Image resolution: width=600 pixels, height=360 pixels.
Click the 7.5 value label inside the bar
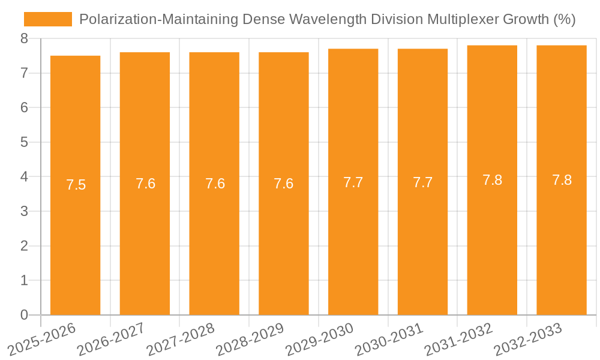point(76,185)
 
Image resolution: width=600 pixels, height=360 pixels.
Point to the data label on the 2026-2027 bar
point(145,184)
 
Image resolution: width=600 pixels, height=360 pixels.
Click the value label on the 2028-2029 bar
point(284,184)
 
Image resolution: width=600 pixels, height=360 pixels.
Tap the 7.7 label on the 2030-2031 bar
point(422,182)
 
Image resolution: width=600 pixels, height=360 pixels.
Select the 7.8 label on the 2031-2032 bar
point(492,180)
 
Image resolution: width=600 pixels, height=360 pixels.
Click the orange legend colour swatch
point(48,19)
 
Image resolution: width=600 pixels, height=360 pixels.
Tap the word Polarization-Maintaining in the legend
point(158,19)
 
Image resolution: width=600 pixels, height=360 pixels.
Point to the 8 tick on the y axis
point(24,38)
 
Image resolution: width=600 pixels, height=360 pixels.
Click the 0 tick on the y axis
point(24,315)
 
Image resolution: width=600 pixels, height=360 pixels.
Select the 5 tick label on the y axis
point(24,142)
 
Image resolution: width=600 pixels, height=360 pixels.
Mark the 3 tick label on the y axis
point(24,211)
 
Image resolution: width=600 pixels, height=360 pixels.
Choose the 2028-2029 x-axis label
point(250,339)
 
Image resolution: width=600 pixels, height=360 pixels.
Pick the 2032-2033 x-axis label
point(529,339)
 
